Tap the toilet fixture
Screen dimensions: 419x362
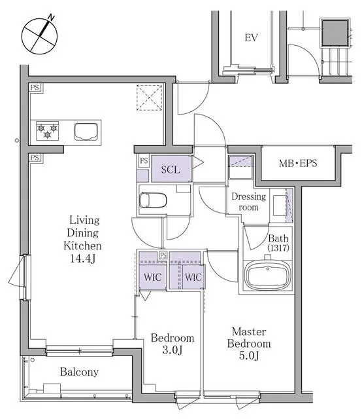pos(154,200)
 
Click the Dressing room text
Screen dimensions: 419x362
pos(249,202)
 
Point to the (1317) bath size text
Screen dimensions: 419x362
pos(278,249)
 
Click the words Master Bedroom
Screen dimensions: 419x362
pos(249,338)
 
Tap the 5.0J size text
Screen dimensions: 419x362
pos(249,356)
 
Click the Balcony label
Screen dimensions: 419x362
pos(79,372)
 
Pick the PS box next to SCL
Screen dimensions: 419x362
pos(143,161)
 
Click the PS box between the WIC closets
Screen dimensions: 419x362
pos(163,255)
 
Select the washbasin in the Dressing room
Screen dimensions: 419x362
pos(280,205)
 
